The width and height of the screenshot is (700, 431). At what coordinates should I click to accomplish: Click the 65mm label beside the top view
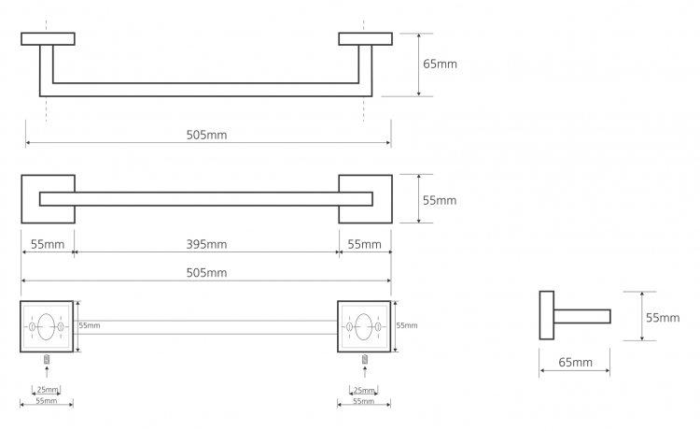pos(440,64)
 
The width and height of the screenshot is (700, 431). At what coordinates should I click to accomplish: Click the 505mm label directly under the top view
pos(206,135)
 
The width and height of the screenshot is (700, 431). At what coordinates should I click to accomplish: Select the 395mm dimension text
pos(206,244)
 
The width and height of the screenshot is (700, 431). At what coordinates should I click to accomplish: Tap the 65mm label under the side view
pos(576,362)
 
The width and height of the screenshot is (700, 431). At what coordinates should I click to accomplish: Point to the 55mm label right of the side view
pos(663,318)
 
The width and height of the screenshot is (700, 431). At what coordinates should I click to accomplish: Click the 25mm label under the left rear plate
pos(48,390)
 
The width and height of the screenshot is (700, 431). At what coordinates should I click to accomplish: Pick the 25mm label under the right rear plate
pos(364,390)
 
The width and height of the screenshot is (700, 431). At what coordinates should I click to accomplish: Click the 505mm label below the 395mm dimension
pos(206,273)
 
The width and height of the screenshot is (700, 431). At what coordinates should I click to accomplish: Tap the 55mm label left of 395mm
pos(48,244)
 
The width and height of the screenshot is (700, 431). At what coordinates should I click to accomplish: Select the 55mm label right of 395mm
pos(364,244)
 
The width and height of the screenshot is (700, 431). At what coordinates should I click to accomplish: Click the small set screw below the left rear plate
pos(47,359)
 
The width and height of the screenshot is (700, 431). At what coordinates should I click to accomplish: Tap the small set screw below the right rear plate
pos(365,359)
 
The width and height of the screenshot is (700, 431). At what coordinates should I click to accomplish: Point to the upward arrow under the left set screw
pos(47,371)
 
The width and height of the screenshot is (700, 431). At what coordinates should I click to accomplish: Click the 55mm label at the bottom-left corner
pos(47,401)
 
